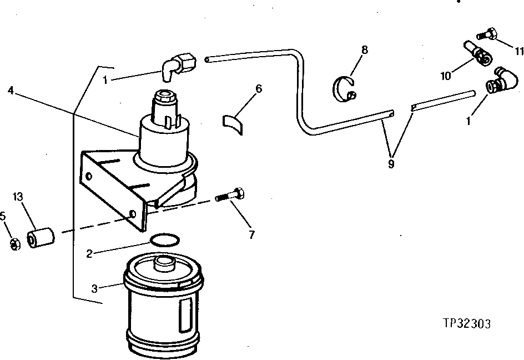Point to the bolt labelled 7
tap(231, 196)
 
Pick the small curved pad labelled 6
tap(234, 123)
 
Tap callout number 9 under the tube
tap(391, 165)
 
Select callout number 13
tap(17, 196)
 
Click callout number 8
tap(364, 50)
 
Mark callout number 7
tap(251, 234)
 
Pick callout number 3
tap(94, 288)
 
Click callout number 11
tap(519, 51)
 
